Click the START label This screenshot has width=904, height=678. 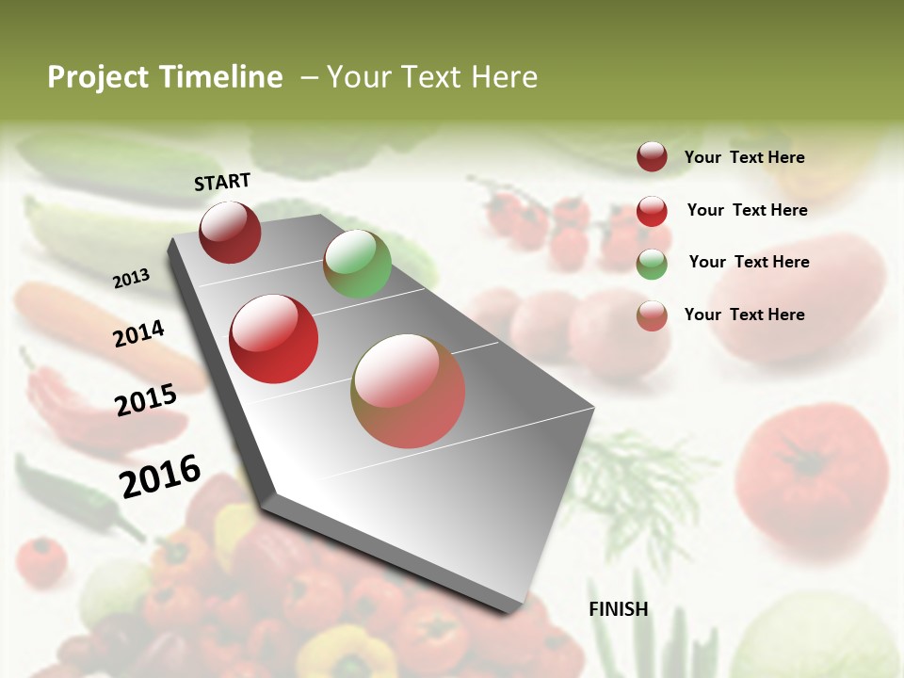coord(222,182)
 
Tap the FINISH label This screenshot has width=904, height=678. coord(618,609)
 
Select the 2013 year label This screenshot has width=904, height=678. coord(132,279)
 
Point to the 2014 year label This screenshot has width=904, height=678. coord(138,333)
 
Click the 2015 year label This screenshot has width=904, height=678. coord(146,400)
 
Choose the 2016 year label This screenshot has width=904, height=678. coord(160,476)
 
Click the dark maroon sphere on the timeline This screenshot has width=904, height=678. coord(230,232)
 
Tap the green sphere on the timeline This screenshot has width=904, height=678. coord(357,264)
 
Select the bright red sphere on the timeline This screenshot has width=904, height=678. coord(274,339)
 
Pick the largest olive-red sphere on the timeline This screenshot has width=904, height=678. coord(408,391)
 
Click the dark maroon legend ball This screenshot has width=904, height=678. coord(652,156)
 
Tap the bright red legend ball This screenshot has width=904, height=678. coord(652,210)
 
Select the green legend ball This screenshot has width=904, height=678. coord(652,263)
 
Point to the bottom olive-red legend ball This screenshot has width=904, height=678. coord(652,315)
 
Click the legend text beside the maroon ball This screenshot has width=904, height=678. coord(744,157)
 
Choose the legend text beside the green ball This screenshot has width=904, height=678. coord(749,262)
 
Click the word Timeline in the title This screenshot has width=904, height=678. coord(222,77)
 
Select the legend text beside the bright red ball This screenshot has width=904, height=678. coord(747,210)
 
